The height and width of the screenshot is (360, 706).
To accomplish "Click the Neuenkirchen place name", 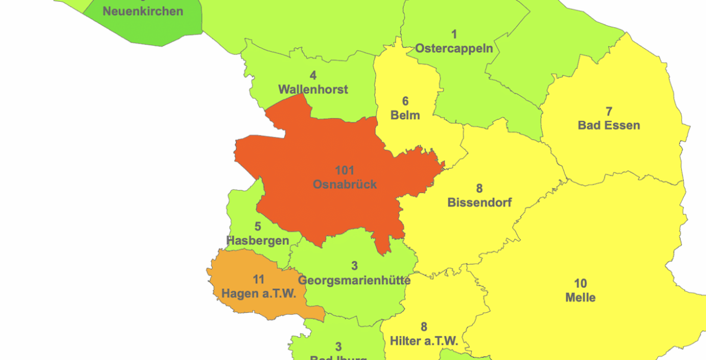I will [x=143, y=11].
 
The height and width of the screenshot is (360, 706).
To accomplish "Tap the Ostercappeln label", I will [x=454, y=48].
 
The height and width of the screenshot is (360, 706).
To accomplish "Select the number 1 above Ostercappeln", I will [x=454, y=34].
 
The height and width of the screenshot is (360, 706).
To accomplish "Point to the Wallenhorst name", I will [x=313, y=89].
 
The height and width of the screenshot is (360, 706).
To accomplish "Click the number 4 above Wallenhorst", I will [x=313, y=75].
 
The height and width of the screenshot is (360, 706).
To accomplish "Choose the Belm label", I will [x=405, y=115].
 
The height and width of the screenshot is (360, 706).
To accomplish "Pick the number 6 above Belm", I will [x=405, y=101].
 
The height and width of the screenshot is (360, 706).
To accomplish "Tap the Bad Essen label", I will [x=609, y=125].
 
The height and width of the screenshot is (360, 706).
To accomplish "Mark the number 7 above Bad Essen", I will [x=609, y=112].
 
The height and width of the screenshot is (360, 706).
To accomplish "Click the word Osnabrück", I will [x=345, y=185].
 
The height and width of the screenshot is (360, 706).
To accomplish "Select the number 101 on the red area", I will [x=345, y=171].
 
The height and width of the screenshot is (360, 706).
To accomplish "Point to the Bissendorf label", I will [x=479, y=203].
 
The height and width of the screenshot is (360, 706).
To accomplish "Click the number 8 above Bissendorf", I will [x=479, y=189].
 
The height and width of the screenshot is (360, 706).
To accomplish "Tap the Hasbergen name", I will [x=258, y=241].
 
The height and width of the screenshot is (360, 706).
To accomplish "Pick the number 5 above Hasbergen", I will [x=258, y=227].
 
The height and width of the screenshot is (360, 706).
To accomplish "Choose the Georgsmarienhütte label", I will [x=354, y=280].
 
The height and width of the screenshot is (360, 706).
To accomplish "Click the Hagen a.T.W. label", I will [x=259, y=294].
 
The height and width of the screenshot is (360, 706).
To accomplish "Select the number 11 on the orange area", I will [x=259, y=280].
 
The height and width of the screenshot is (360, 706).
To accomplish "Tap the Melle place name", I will [x=580, y=297].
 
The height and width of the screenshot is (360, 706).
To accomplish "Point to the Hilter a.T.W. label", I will [x=424, y=341].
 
